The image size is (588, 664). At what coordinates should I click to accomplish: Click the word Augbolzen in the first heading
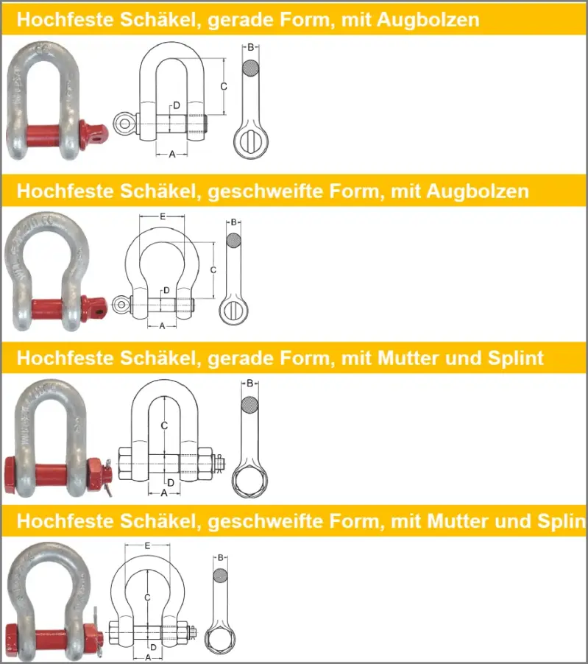pos(428,20)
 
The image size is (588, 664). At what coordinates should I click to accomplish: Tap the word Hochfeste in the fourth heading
pos(65,521)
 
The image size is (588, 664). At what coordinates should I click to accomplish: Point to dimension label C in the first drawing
pos(224,86)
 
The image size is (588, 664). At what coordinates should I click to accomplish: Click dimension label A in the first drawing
pos(172,155)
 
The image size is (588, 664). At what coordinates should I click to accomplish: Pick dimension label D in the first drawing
pos(177,105)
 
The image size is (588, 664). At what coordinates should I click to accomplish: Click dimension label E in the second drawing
pos(163,217)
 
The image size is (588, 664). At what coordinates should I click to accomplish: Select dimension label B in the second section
pos(234,222)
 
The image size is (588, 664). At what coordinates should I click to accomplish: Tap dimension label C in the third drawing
pos(164,425)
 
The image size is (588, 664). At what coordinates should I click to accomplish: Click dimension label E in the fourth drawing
pos(147,546)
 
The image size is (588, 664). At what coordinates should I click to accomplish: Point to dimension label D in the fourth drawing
pos(153,648)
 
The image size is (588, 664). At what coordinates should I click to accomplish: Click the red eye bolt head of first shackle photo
pos(93,135)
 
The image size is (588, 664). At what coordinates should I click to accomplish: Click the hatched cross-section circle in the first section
pos(251,68)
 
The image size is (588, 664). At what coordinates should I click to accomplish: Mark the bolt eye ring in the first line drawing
pos(124,124)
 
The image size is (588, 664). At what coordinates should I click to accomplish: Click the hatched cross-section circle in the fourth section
pos(220,576)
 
